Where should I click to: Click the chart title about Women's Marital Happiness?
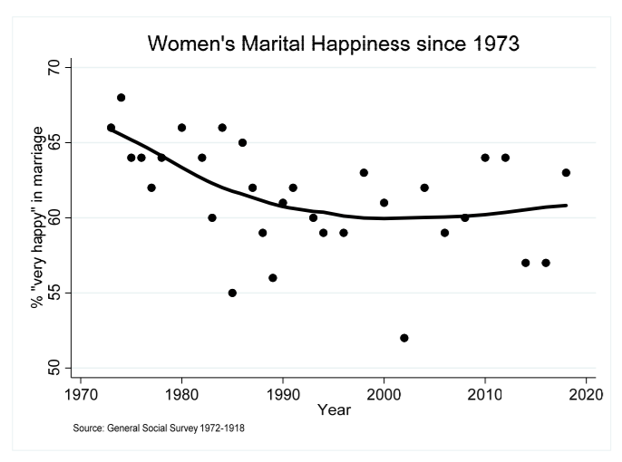point(335,44)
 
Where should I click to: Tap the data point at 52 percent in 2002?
point(404,338)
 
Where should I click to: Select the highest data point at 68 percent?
point(121,97)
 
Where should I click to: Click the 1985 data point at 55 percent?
point(232,293)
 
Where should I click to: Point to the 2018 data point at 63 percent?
point(566,172)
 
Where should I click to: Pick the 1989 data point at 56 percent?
point(272,277)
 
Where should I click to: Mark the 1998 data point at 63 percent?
point(364,172)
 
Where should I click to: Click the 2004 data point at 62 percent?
point(424,188)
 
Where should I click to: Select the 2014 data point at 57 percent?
point(526,263)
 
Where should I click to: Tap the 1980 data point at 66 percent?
point(181,128)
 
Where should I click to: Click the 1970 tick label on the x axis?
point(81,395)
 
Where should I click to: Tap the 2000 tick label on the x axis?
point(384,395)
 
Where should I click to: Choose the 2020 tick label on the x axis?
point(586,395)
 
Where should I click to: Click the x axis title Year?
point(334,410)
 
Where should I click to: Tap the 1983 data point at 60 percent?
point(212,217)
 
